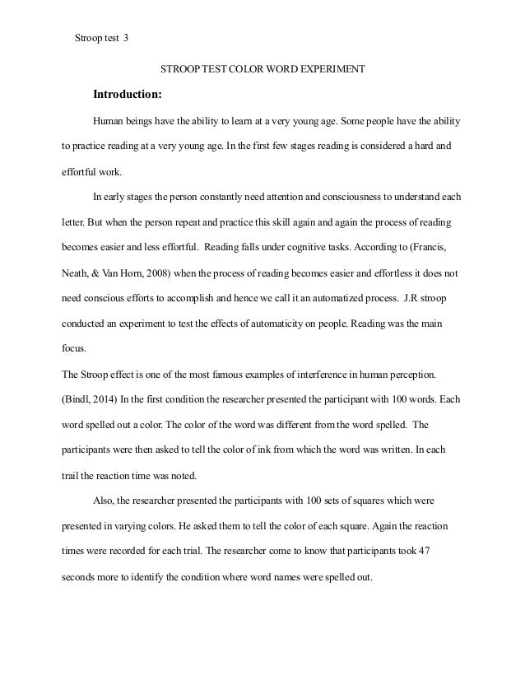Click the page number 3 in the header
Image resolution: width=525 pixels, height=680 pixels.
(126, 38)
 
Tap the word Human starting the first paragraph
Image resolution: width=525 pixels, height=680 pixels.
(109, 121)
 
